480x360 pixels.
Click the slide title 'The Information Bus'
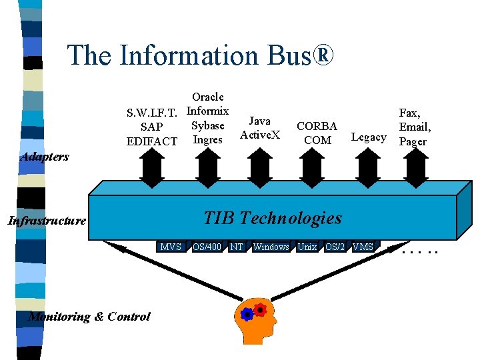(x=199, y=55)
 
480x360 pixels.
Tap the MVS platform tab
(x=171, y=247)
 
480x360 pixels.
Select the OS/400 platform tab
(x=207, y=247)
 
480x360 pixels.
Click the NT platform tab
(x=236, y=247)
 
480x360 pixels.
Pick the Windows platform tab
(x=271, y=247)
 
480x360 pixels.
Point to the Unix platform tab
(x=307, y=247)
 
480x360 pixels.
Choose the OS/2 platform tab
(x=335, y=247)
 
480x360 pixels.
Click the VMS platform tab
(x=363, y=247)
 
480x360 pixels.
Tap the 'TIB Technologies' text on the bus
(x=272, y=218)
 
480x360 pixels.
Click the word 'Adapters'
(x=45, y=157)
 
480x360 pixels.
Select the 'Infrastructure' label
(x=47, y=221)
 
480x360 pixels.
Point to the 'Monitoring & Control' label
(x=89, y=317)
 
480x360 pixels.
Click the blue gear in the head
(x=247, y=314)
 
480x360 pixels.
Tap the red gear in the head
(x=260, y=309)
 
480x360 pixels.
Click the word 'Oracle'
(x=207, y=97)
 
